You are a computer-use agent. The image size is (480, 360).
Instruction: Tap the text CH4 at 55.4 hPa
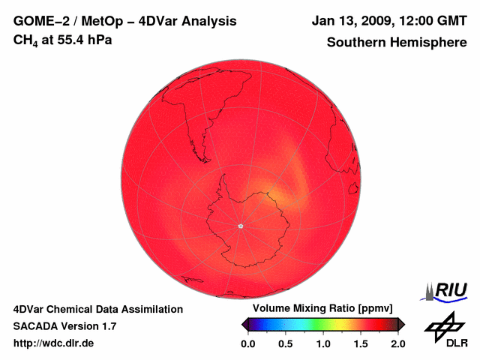pyautogui.click(x=63, y=40)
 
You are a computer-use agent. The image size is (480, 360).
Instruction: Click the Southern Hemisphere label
pyautogui.click(x=396, y=42)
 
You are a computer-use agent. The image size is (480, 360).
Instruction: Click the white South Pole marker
pyautogui.click(x=240, y=226)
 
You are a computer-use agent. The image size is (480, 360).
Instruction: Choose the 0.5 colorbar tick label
pyautogui.click(x=285, y=343)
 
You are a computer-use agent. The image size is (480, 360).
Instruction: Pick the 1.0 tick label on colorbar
pyautogui.click(x=323, y=343)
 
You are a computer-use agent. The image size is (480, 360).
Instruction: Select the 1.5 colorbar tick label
pyautogui.click(x=361, y=343)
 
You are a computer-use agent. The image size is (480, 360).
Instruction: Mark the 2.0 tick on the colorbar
pyautogui.click(x=398, y=343)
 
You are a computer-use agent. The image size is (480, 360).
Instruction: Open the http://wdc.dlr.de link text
pyautogui.click(x=54, y=343)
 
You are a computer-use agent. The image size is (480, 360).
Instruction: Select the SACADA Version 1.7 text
pyautogui.click(x=64, y=326)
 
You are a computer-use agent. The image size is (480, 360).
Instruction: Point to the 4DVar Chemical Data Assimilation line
pyautogui.click(x=98, y=309)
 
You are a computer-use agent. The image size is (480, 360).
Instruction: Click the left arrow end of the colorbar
pyautogui.click(x=244, y=324)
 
